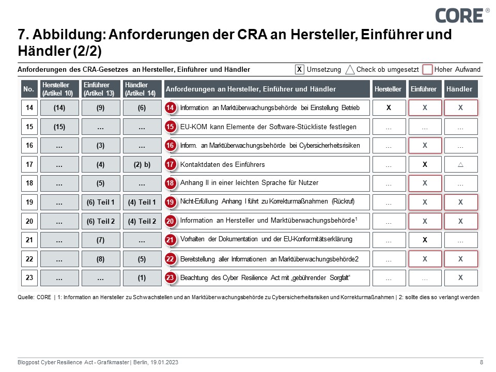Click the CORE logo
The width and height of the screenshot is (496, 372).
[x=459, y=15]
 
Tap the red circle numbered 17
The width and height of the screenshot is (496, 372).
[x=171, y=164]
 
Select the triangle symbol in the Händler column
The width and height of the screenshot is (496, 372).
[x=460, y=164]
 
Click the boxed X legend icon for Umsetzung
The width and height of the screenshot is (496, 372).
[x=299, y=69]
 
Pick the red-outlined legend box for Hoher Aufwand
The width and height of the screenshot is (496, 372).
[x=427, y=69]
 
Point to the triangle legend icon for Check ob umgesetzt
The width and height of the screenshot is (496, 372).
[x=350, y=69]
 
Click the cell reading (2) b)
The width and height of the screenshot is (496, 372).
[x=142, y=164]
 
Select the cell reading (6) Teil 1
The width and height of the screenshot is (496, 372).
[x=101, y=202]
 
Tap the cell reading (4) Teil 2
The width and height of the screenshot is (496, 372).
[x=142, y=221]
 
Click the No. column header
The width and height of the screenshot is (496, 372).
[x=28, y=89]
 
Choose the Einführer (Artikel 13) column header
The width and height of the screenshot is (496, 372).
[x=101, y=89]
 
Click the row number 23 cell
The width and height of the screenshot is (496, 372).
[x=29, y=277]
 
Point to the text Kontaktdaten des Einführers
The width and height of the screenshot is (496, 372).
[x=222, y=164]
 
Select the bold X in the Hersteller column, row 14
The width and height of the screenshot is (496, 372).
[x=389, y=107]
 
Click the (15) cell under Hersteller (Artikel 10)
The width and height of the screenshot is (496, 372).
[x=59, y=127]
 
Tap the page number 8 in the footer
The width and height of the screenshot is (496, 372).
[x=482, y=362]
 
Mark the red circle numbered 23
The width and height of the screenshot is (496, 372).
[x=171, y=277]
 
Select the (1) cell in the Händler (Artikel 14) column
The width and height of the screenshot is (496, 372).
[x=142, y=277]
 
